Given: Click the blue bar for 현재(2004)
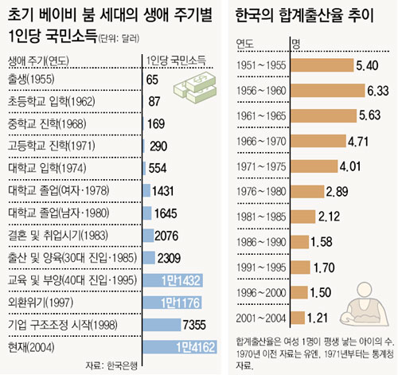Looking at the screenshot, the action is pyautogui.click(x=180, y=347).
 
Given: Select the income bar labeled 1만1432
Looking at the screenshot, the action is pyautogui.click(x=173, y=280).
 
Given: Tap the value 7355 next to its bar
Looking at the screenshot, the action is pyautogui.click(x=194, y=325).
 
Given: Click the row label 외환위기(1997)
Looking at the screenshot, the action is pyautogui.click(x=41, y=303).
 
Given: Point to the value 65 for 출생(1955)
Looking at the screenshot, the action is pyautogui.click(x=152, y=80).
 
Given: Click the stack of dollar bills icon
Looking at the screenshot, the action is pyautogui.click(x=195, y=88).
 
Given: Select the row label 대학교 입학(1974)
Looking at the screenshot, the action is pyautogui.click(x=47, y=168).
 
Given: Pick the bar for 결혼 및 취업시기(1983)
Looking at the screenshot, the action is pyautogui.click(x=148, y=236).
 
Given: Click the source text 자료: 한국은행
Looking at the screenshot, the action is pyautogui.click(x=111, y=365).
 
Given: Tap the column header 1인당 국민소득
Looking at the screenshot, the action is pyautogui.click(x=176, y=61).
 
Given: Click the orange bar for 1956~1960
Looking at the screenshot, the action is pyautogui.click(x=328, y=90).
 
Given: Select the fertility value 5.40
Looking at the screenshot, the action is pyautogui.click(x=367, y=65).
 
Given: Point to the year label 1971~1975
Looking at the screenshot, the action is pyautogui.click(x=261, y=166).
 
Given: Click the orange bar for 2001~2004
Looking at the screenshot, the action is pyautogui.click(x=298, y=318).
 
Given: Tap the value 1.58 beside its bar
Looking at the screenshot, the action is pyautogui.click(x=322, y=242).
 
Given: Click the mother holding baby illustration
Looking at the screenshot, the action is pyautogui.click(x=364, y=304).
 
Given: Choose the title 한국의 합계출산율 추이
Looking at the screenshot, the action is pyautogui.click(x=304, y=15).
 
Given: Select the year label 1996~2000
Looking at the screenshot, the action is pyautogui.click(x=261, y=293).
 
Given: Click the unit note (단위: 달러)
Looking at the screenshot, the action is pyautogui.click(x=119, y=39).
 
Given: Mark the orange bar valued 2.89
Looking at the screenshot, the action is pyautogui.click(x=307, y=191).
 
